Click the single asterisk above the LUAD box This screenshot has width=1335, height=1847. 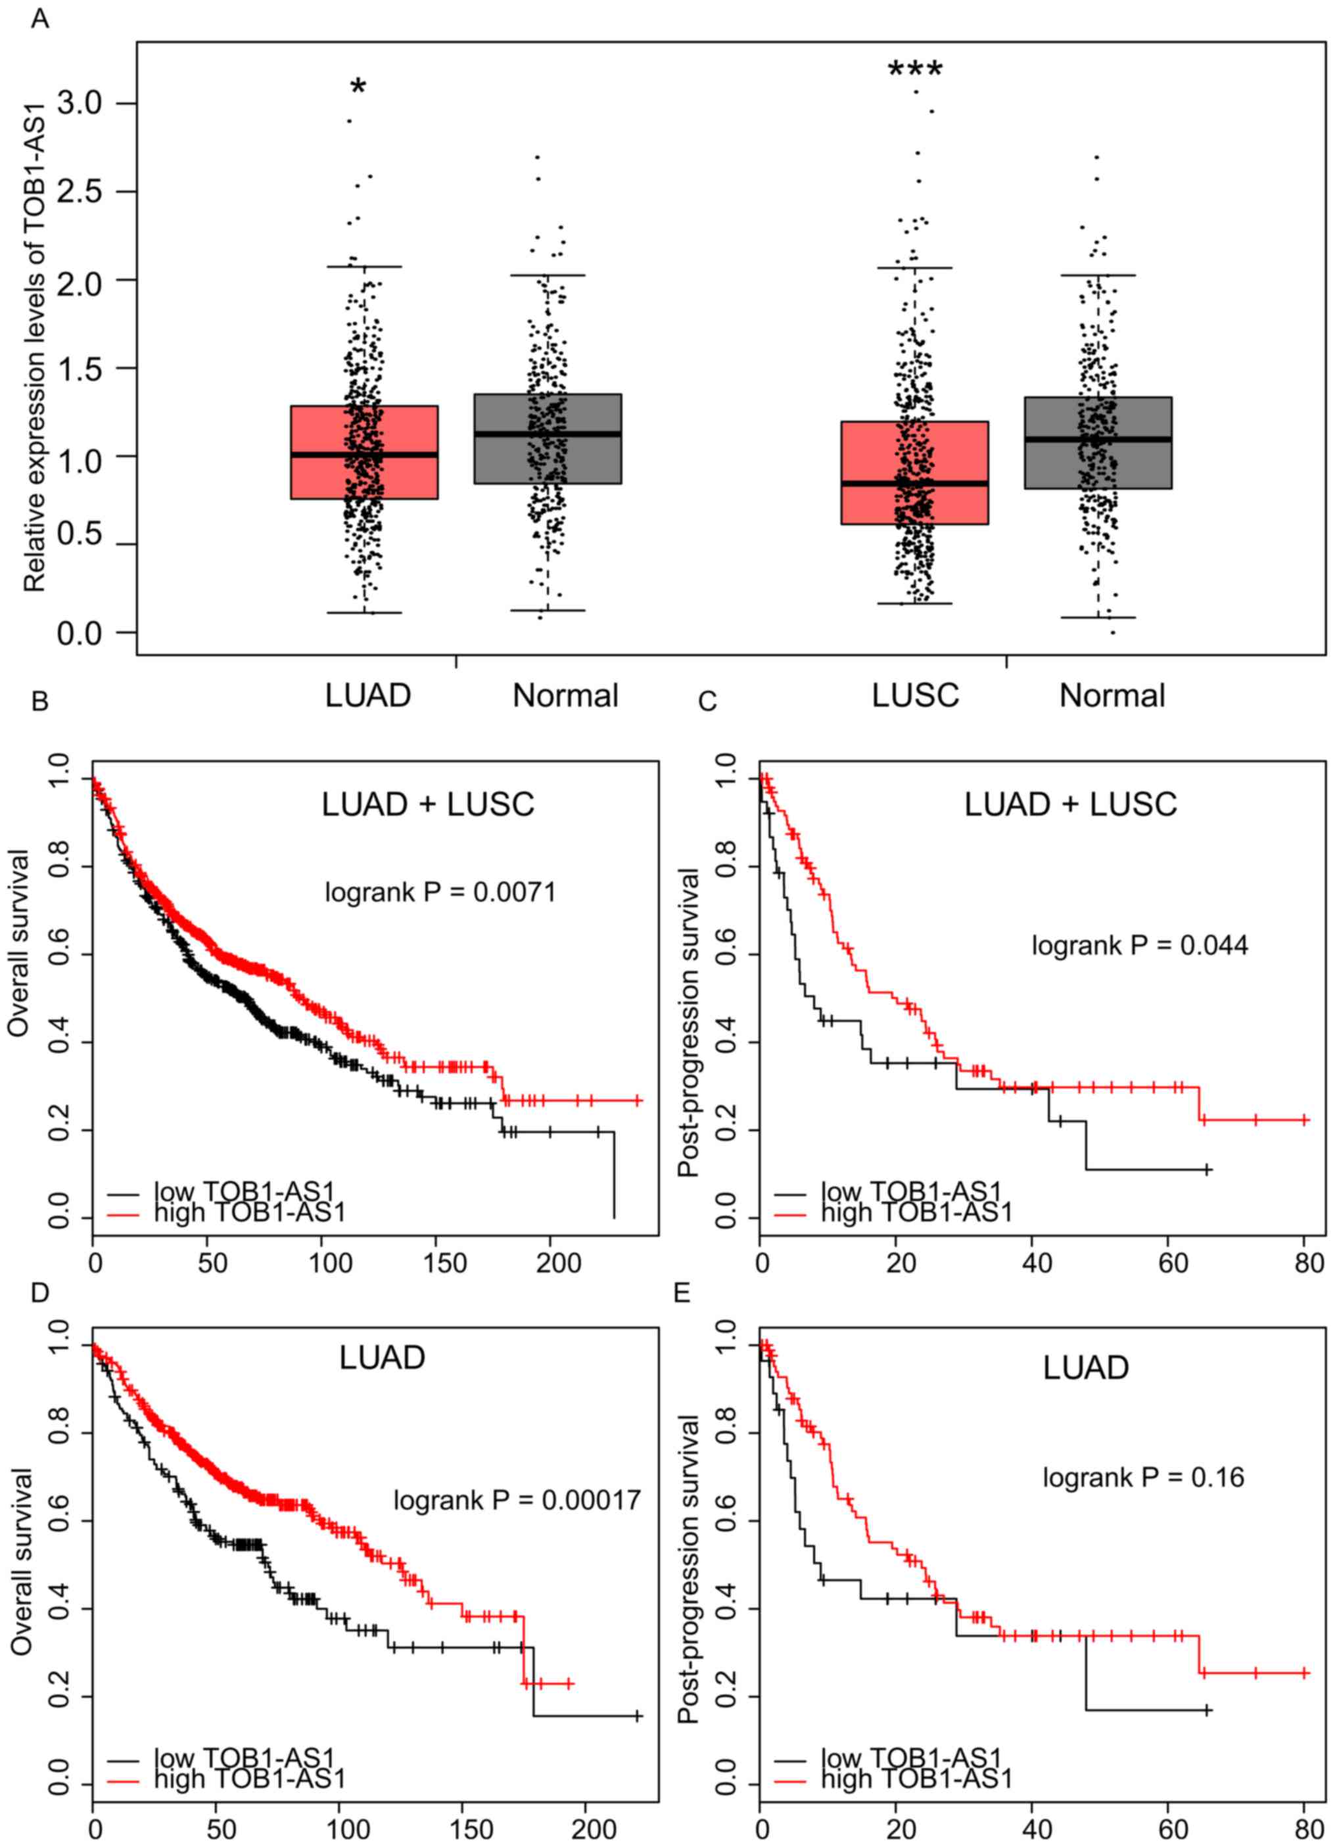[358, 86]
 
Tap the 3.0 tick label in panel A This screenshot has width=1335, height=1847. [79, 103]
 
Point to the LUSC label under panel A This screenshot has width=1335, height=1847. [915, 695]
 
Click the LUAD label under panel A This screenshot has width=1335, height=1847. [368, 695]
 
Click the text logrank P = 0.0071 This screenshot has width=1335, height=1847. [440, 893]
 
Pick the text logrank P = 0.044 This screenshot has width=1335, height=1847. [1140, 945]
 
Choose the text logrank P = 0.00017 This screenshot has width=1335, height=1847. [517, 1500]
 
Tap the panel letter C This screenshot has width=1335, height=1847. [707, 701]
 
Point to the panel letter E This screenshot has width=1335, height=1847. [682, 1293]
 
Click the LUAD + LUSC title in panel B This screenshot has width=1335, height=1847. [428, 805]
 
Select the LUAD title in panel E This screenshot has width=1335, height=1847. [1086, 1367]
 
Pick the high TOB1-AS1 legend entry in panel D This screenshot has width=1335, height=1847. [249, 1779]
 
